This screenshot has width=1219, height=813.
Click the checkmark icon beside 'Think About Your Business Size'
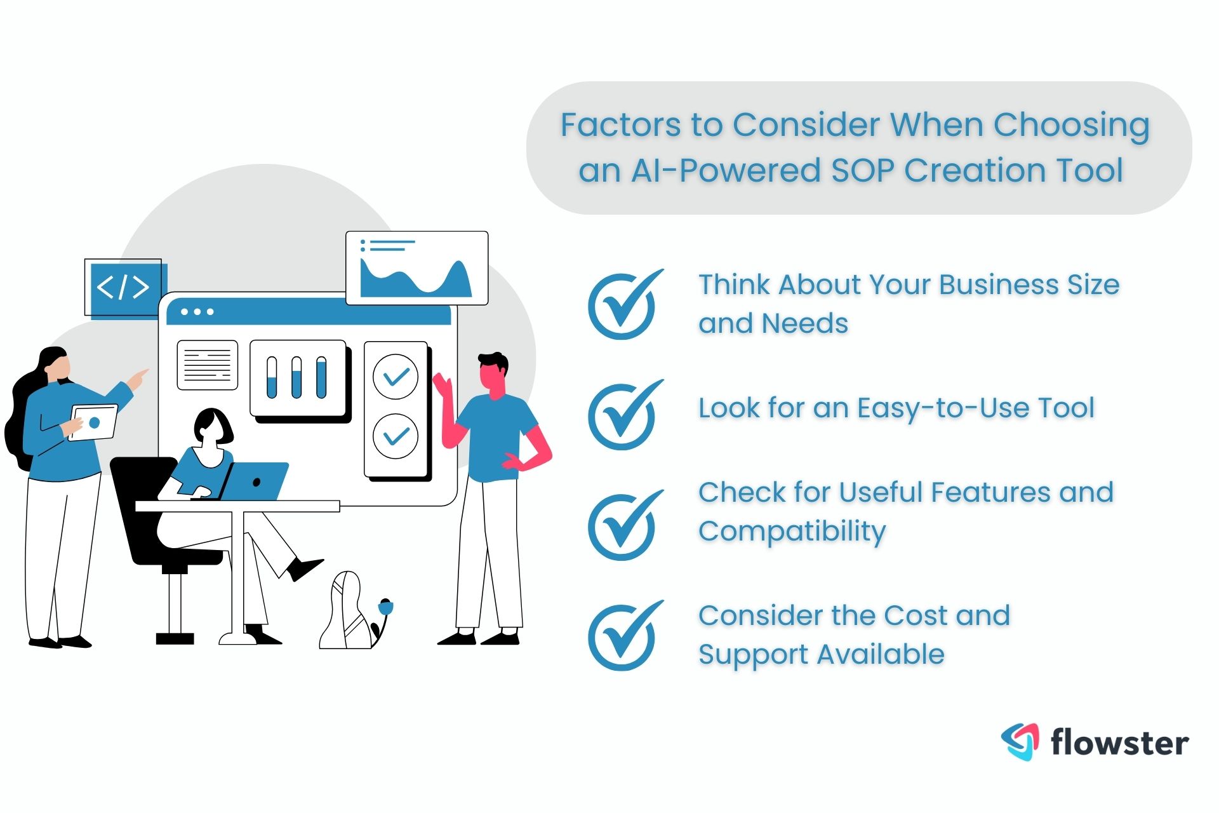pyautogui.click(x=623, y=306)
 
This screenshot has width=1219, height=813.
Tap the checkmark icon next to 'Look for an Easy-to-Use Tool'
pyautogui.click(x=623, y=416)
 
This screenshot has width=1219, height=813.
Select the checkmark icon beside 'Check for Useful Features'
pyautogui.click(x=623, y=526)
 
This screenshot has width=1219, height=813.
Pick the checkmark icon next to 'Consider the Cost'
pyautogui.click(x=623, y=636)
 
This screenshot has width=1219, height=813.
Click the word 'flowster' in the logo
pyautogui.click(x=1119, y=742)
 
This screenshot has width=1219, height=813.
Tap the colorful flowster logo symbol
pyautogui.click(x=1021, y=741)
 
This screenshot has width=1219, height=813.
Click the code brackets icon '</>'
pyautogui.click(x=123, y=287)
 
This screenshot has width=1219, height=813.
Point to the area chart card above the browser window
pyautogui.click(x=416, y=268)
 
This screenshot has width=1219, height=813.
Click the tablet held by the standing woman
pyautogui.click(x=94, y=422)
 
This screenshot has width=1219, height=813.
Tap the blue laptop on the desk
pyautogui.click(x=254, y=481)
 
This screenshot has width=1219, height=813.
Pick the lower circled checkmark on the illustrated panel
pyautogui.click(x=396, y=436)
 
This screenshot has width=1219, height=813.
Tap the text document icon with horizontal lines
pyautogui.click(x=207, y=365)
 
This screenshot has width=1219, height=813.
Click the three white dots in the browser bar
pyautogui.click(x=197, y=312)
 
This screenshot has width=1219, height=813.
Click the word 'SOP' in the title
pyautogui.click(x=863, y=170)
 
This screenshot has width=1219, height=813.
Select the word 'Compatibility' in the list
pyautogui.click(x=792, y=531)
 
